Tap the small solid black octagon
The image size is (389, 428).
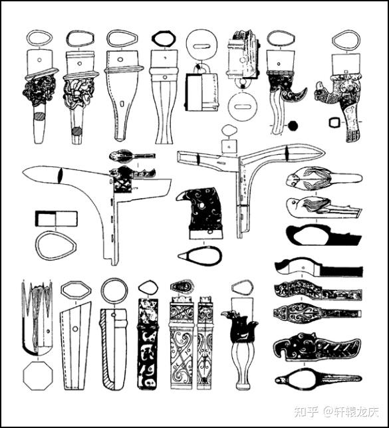(x=293, y=126)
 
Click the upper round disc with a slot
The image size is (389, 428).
(x=201, y=46)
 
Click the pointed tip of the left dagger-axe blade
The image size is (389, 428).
(x=23, y=173)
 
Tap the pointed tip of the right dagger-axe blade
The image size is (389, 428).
(x=324, y=151)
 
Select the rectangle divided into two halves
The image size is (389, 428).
(x=57, y=219)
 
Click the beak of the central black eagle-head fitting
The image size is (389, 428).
(x=179, y=197)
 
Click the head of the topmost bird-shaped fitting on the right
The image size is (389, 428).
(x=293, y=179)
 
